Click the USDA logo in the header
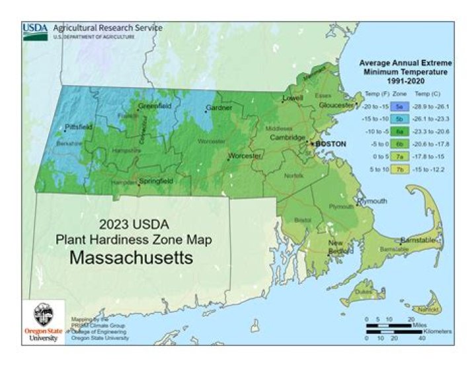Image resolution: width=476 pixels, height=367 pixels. pyautogui.click(x=35, y=31)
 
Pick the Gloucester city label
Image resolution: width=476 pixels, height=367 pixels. pyautogui.click(x=337, y=105)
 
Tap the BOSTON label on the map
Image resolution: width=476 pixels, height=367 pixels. pyautogui.click(x=331, y=143)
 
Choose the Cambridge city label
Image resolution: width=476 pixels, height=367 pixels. pyautogui.click(x=287, y=137)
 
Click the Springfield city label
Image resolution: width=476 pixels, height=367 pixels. pyautogui.click(x=156, y=180)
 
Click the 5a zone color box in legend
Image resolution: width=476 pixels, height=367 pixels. pyautogui.click(x=399, y=106)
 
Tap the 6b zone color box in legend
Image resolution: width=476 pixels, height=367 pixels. pyautogui.click(x=399, y=143)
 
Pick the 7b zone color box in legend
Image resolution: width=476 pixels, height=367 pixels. pyautogui.click(x=399, y=168)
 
